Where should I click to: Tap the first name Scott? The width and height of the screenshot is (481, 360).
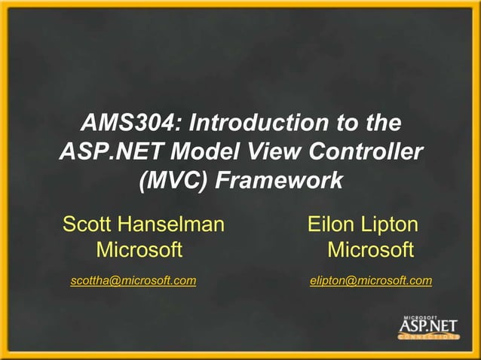pos(88,224)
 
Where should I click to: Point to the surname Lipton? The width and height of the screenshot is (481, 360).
pos(391,224)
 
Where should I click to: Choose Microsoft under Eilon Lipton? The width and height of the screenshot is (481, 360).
pos(371,249)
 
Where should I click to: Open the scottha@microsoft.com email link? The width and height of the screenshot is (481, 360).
pos(133,281)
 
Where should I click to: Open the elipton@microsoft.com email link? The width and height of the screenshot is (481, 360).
pos(371,281)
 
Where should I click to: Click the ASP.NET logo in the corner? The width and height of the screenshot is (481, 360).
pos(427,325)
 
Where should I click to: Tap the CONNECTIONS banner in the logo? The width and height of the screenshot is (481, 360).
pos(428,337)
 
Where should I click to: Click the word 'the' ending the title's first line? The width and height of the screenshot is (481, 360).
pos(380,121)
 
